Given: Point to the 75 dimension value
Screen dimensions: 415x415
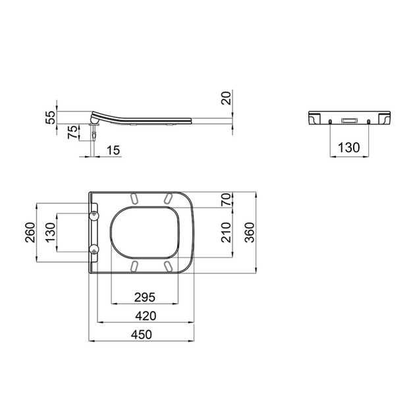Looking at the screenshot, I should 72,132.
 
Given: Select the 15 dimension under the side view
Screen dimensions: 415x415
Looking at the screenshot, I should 113,151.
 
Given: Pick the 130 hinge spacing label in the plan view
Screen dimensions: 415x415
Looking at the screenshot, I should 49,232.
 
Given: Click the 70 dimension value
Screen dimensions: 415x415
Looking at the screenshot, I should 225,200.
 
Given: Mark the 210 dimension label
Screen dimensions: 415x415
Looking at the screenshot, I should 225,232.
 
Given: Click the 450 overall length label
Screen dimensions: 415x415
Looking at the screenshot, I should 140,335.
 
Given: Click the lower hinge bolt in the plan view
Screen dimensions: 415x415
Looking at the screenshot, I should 95,250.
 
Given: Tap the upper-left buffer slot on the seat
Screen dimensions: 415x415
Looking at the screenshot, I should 134,199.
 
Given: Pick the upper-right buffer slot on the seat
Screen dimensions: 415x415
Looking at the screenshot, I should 167,199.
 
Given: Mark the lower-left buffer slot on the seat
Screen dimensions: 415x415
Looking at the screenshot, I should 134,265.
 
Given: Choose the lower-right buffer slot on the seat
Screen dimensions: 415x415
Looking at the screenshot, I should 167,265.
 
